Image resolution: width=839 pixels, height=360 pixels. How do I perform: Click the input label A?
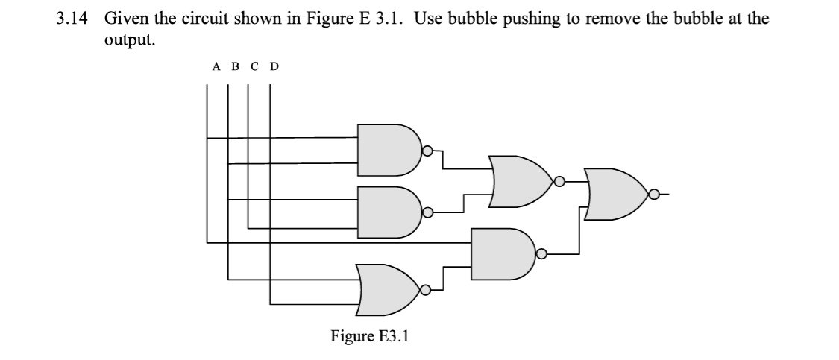[216, 67]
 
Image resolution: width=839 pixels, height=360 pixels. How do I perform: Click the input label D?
[274, 67]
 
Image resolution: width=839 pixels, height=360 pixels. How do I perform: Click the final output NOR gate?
[618, 195]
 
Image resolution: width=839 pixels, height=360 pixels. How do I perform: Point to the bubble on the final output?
[654, 195]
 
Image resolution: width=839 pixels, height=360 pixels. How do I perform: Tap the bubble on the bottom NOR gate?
[426, 290]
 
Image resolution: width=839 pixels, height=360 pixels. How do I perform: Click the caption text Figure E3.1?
[370, 336]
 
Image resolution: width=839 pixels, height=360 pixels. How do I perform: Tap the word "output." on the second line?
[130, 40]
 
